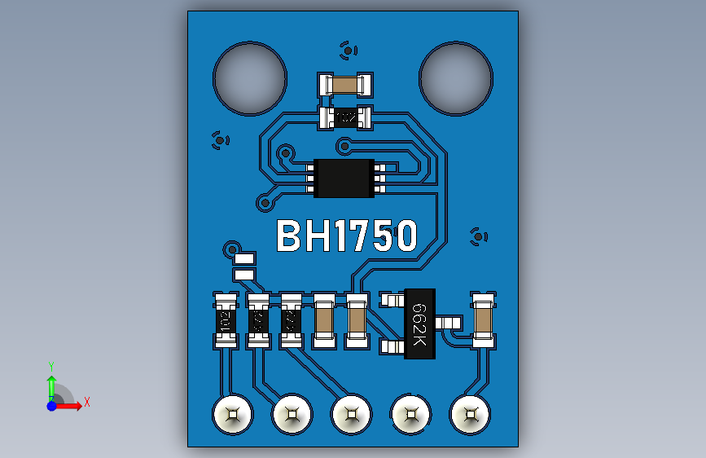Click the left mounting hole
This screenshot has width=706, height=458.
[x=249, y=78]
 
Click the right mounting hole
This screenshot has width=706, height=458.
[x=456, y=78]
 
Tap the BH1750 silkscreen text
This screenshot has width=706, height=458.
[x=347, y=236]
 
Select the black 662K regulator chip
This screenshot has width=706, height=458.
[x=419, y=324]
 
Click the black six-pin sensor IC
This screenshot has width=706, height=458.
[x=344, y=178]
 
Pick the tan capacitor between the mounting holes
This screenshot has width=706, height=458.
[x=345, y=84]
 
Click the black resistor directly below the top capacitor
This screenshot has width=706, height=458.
[x=345, y=118]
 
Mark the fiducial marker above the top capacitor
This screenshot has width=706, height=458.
[x=348, y=51]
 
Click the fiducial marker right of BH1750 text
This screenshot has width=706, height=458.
[x=479, y=236]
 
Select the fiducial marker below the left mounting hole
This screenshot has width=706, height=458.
[x=219, y=140]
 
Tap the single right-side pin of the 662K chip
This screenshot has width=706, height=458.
[x=446, y=324]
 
